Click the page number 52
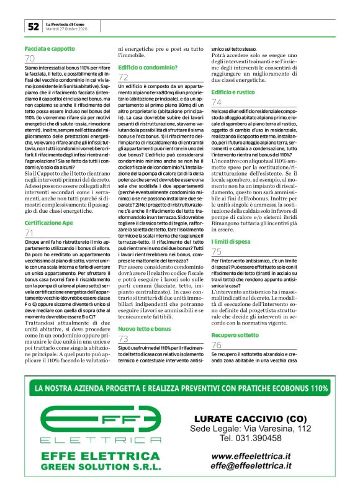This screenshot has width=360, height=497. coord(32,26)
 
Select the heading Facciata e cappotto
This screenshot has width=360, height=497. coord(49,48)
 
